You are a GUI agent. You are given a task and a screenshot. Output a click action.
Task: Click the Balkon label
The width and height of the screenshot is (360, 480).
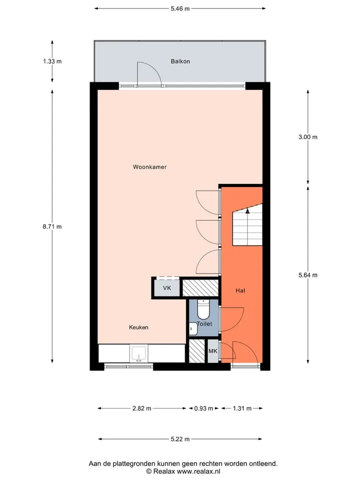coord(180,61)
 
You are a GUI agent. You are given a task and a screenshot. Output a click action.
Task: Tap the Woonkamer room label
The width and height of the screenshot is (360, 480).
coord(149,167)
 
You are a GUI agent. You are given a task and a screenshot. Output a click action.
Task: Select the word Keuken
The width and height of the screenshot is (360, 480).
coord(138,327)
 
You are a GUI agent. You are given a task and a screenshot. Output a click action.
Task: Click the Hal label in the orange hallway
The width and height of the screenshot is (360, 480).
coord(240,290)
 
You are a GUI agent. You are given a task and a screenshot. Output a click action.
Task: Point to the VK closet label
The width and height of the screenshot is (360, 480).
coord(167,288)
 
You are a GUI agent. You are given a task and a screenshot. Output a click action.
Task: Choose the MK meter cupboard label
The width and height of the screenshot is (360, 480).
coord(213,351)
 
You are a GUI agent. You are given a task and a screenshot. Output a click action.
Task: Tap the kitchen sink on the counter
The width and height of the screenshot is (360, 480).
coord(139,353)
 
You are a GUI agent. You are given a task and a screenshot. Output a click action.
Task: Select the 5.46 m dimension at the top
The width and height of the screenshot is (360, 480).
coord(180,8)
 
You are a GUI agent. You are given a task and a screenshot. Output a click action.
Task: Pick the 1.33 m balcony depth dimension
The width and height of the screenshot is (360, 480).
coord(52,61)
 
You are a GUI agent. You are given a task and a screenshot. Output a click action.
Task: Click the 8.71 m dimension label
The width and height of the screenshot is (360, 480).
coord(52,226)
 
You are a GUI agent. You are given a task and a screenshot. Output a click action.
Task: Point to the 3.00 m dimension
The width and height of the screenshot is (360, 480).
coord(308,137)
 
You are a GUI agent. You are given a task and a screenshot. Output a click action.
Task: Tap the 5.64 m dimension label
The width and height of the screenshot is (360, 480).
coord(308,275)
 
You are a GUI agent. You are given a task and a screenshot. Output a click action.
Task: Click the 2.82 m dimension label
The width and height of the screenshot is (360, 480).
coord(141,408)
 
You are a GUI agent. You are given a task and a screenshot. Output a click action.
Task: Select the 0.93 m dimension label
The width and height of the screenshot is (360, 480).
coord(203,408)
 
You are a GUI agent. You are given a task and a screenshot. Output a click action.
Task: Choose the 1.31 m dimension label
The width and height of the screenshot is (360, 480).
coord(242,408)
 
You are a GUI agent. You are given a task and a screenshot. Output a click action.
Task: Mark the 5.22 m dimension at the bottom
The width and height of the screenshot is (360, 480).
coord(180,439)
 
